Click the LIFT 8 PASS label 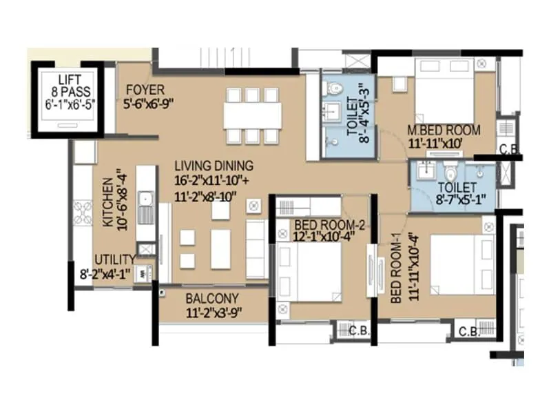[x=69, y=87]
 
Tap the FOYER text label [x=145, y=90]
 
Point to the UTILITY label [x=114, y=259]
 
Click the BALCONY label [x=212, y=299]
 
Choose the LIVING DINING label [x=214, y=166]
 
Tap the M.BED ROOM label [x=444, y=130]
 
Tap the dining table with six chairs [x=252, y=115]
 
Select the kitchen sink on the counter [x=145, y=207]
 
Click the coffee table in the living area [x=220, y=248]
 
